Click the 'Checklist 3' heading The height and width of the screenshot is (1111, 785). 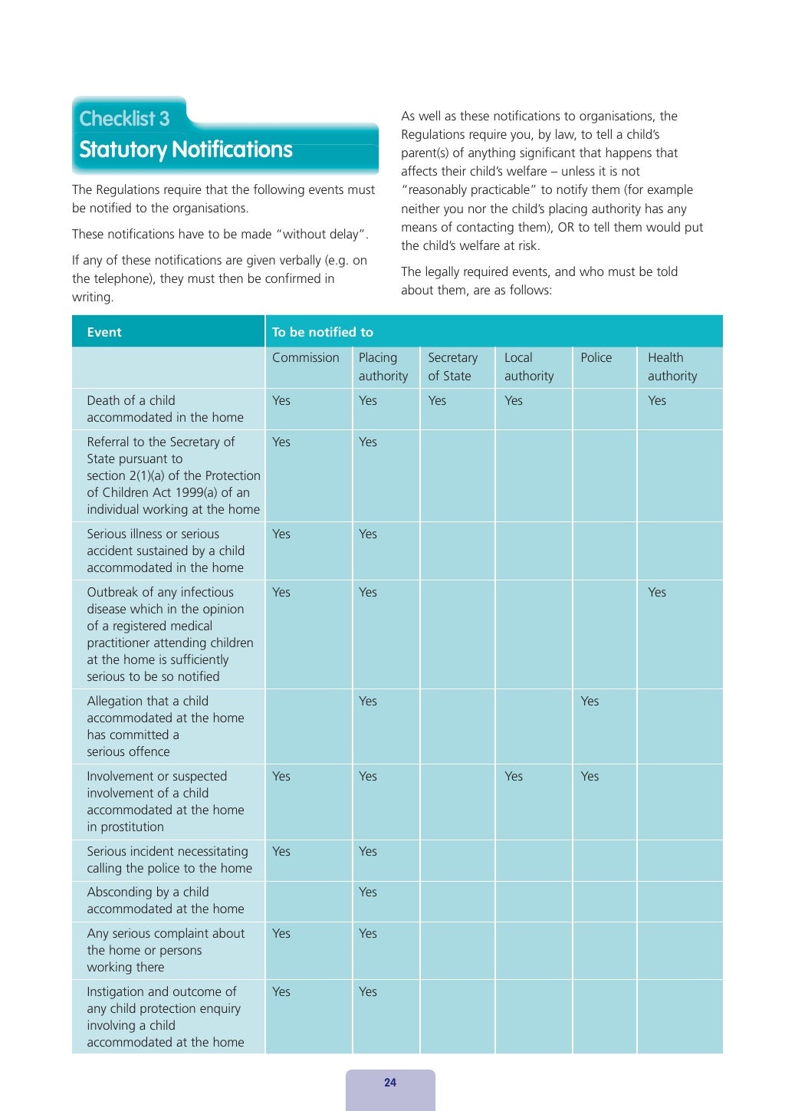(x=124, y=119)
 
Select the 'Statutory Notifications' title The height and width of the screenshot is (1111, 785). (x=186, y=150)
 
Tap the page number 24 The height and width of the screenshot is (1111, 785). (x=390, y=1083)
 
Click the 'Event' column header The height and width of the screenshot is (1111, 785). (x=104, y=332)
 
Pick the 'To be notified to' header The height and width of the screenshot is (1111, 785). (x=323, y=332)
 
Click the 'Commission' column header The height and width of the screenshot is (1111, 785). (x=305, y=358)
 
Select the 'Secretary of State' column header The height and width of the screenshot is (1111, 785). (x=452, y=367)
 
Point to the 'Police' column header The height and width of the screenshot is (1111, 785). (x=596, y=358)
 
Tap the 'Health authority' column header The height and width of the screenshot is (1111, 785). (x=672, y=367)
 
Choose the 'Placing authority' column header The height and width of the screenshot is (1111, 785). (x=383, y=367)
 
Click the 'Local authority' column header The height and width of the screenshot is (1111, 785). (x=528, y=367)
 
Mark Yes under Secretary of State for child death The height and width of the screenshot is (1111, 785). (x=437, y=401)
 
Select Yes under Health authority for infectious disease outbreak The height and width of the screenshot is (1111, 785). (x=657, y=593)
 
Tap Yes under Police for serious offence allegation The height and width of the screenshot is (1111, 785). (x=590, y=702)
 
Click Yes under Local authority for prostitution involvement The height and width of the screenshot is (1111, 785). (x=514, y=777)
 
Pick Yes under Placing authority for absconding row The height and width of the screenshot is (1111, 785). (x=368, y=892)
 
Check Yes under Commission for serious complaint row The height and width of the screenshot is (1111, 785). (x=281, y=934)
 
